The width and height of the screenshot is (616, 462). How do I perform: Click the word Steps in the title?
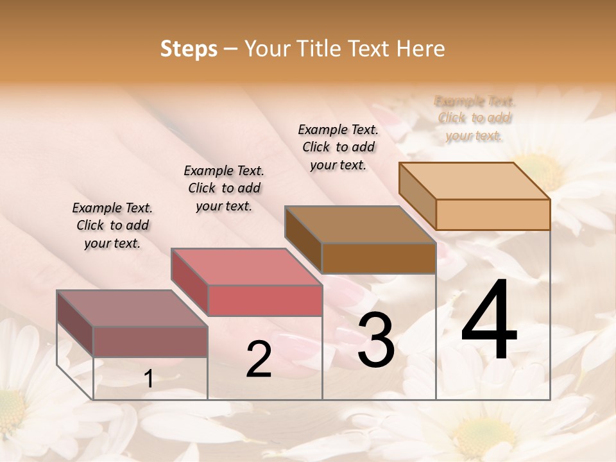188,49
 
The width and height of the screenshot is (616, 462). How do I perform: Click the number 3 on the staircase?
376,340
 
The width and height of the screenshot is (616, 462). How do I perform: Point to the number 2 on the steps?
259,359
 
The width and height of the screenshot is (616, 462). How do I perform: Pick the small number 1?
149,379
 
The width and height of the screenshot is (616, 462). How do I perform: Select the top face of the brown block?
359,225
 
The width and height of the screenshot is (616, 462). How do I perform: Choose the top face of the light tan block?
474,180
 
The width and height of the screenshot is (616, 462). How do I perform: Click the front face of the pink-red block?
264,301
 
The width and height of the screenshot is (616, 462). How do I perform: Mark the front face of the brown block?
378,259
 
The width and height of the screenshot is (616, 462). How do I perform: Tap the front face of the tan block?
492,214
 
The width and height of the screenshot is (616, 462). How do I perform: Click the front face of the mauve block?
150,341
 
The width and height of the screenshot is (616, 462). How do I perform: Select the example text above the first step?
112,225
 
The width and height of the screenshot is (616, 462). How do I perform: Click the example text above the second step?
224,188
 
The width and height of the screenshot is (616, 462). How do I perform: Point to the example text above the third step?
338,147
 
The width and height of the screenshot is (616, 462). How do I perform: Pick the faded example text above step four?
475,118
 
